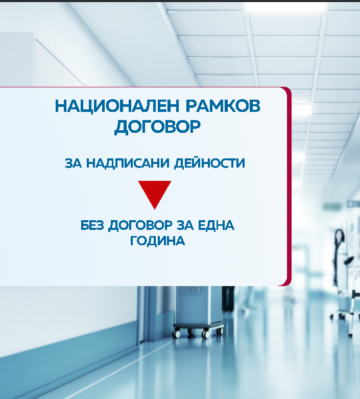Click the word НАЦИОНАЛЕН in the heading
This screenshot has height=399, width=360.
pos(117,106)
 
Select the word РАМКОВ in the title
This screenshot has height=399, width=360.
pos(223,106)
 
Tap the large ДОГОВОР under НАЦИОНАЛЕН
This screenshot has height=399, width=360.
pos(157,127)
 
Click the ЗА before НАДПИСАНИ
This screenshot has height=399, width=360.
pos(73,163)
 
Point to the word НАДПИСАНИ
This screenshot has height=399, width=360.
pos(128,163)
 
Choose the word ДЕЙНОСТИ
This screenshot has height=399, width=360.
pos(209,163)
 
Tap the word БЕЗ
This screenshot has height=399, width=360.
pos(92,225)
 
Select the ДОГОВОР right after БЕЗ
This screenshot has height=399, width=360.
pos(140,226)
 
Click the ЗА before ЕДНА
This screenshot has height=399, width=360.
pos(185,225)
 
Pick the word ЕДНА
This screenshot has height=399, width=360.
pos(216,225)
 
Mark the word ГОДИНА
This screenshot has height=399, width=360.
pos(157,241)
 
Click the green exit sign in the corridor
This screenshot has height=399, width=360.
pos(332,206)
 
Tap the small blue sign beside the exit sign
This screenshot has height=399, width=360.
pos(353,203)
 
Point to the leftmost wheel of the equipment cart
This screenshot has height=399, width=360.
pos(176,333)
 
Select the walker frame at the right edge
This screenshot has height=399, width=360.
pos(355,303)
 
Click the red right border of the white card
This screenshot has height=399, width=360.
pos(289,186)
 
